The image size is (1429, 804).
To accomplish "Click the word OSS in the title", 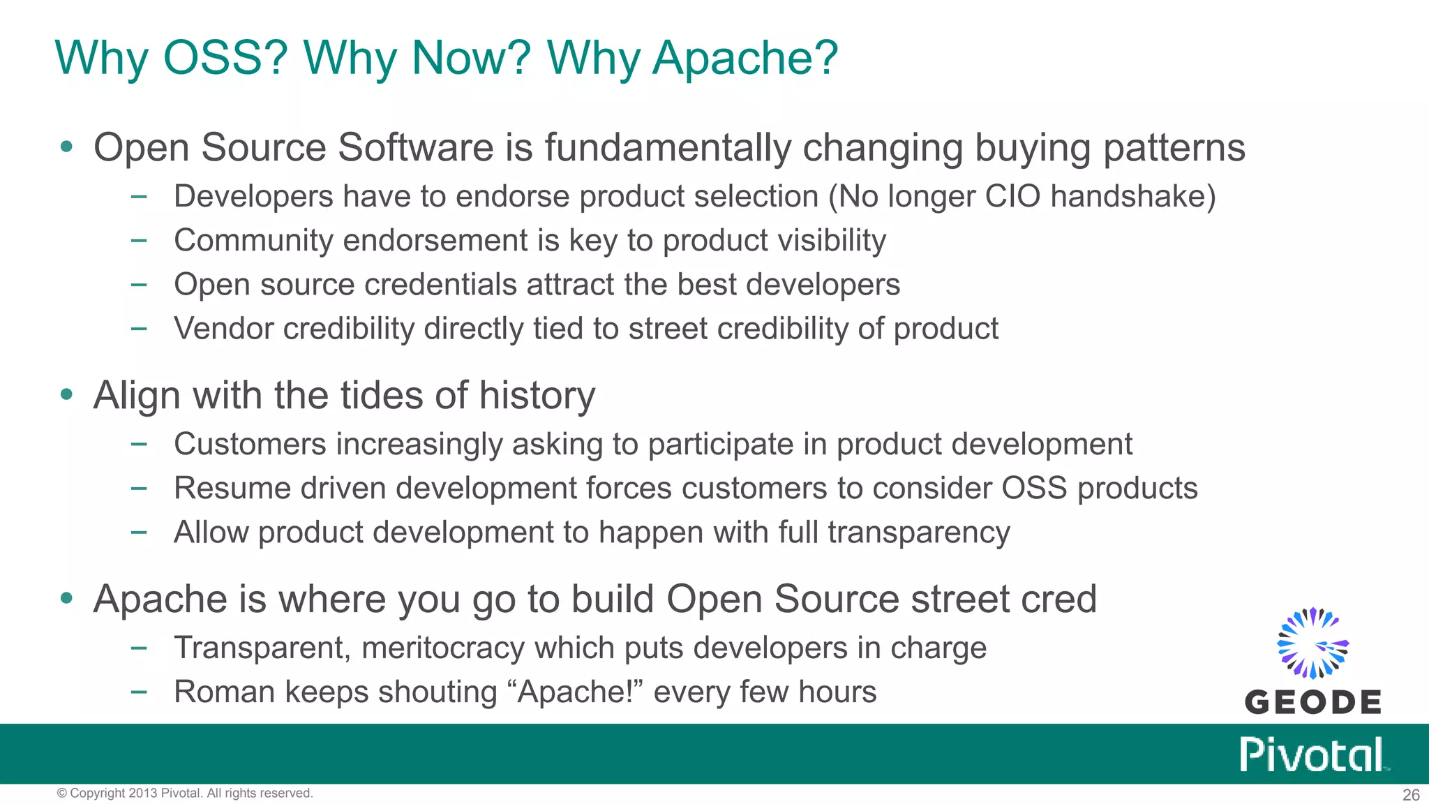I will pyautogui.click(x=224, y=58).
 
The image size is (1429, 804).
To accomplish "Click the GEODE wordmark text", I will pyautogui.click(x=1312, y=702).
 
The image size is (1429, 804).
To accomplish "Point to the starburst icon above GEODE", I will pyautogui.click(x=1312, y=643).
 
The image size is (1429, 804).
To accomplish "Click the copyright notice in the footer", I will pyautogui.click(x=185, y=794).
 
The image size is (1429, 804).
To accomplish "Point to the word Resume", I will pyautogui.click(x=232, y=489).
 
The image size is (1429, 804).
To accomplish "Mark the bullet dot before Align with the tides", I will pyautogui.click(x=66, y=394).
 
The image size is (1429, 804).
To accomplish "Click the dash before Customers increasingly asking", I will pyautogui.click(x=139, y=445).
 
